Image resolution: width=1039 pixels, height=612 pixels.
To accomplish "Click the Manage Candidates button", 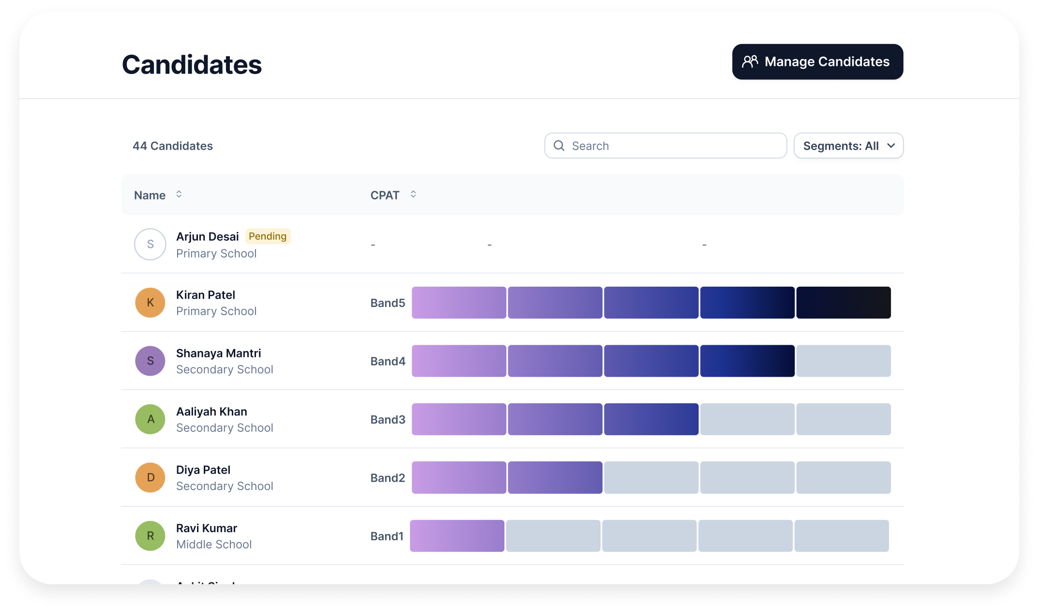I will point(817,62).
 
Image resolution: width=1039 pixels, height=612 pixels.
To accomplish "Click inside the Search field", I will point(673,146).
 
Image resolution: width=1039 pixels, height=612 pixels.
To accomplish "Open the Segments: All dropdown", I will point(848,146).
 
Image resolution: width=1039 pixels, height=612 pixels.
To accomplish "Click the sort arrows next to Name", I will point(179,194).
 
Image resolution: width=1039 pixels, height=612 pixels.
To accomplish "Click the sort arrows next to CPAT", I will point(413,194).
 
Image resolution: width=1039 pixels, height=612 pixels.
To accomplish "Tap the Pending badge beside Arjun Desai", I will point(267,236).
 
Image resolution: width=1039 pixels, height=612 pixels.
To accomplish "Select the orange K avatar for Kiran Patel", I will point(150,303).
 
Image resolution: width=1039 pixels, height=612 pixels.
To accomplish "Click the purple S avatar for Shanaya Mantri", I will point(150,361).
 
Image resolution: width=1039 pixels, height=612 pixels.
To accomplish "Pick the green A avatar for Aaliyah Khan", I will point(150,419).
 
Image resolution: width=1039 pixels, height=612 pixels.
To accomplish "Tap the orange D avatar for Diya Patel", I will point(150,477).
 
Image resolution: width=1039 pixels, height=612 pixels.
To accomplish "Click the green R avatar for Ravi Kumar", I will point(150,535).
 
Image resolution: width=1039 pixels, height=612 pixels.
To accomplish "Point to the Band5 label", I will point(388,303).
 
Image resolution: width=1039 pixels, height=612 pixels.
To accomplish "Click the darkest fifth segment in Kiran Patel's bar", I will point(843,303).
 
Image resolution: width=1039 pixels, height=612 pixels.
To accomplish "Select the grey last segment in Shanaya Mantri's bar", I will point(843,361).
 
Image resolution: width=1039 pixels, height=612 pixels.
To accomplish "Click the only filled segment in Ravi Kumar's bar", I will point(457,535).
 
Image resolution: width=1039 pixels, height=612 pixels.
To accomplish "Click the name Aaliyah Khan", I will point(211,412).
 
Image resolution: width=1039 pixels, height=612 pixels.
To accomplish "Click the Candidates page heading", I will point(192,65).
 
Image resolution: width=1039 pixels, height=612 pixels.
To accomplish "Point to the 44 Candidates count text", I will point(173,146).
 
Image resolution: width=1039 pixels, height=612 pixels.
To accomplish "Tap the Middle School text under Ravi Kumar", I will point(214,544).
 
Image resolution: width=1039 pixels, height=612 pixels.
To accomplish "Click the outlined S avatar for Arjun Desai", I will point(150,245).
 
